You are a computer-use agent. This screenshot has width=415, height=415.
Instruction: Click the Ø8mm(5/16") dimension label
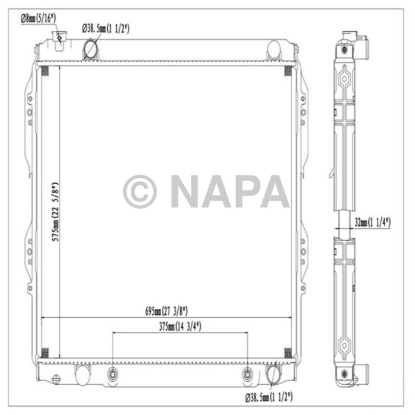tap(39, 18)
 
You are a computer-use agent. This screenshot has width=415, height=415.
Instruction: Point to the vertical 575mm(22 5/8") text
tap(56, 210)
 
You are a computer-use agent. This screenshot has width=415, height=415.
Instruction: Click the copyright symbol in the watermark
tap(140, 191)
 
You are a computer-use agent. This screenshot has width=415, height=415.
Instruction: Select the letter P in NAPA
tap(246, 191)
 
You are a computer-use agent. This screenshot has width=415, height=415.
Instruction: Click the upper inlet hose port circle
tap(91, 49)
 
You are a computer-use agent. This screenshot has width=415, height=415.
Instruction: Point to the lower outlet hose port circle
tap(273, 375)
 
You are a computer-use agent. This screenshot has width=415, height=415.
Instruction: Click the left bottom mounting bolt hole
tap(113, 375)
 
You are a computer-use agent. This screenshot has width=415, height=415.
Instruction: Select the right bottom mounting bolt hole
tap(248, 375)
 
